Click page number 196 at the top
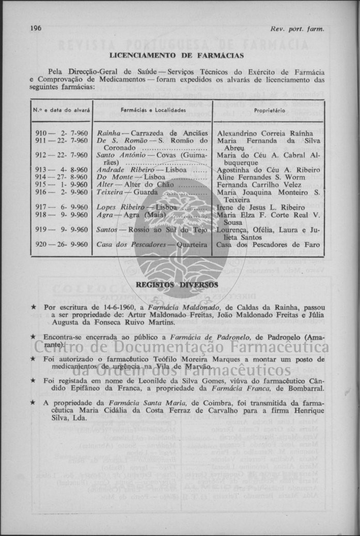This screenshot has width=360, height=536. [36, 28]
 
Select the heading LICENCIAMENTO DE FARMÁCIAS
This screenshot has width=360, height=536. [177, 55]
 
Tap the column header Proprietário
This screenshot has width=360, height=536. [268, 111]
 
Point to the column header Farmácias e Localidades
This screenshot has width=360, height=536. [153, 111]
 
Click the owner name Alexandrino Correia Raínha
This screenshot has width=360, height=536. [265, 133]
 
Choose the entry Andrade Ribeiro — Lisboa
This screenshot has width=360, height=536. [142, 169]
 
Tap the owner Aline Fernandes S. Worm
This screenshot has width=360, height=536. [261, 177]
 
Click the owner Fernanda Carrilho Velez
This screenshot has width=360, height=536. [259, 184]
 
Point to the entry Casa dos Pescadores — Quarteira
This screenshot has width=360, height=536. [152, 244]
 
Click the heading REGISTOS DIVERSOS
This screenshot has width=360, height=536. [177, 285]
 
